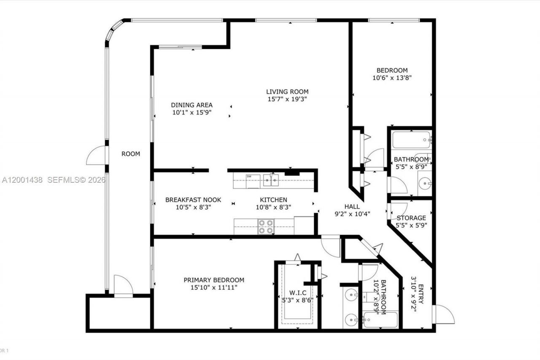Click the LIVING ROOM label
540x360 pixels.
(287, 92)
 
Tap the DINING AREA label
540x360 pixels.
(192, 105)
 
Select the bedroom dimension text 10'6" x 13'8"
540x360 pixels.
(392, 78)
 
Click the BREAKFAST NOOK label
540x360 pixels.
(193, 200)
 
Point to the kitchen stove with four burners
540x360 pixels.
(266, 227)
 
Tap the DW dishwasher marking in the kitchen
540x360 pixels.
(249, 176)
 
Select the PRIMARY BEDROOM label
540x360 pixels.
(213, 280)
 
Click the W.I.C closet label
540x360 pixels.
(297, 293)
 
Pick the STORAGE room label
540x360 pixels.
(411, 218)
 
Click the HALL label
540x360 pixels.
(352, 206)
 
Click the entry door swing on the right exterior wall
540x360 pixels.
(445, 314)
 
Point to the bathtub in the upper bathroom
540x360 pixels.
(411, 140)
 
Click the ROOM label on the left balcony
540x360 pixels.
(130, 154)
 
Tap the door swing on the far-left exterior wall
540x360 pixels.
(96, 156)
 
